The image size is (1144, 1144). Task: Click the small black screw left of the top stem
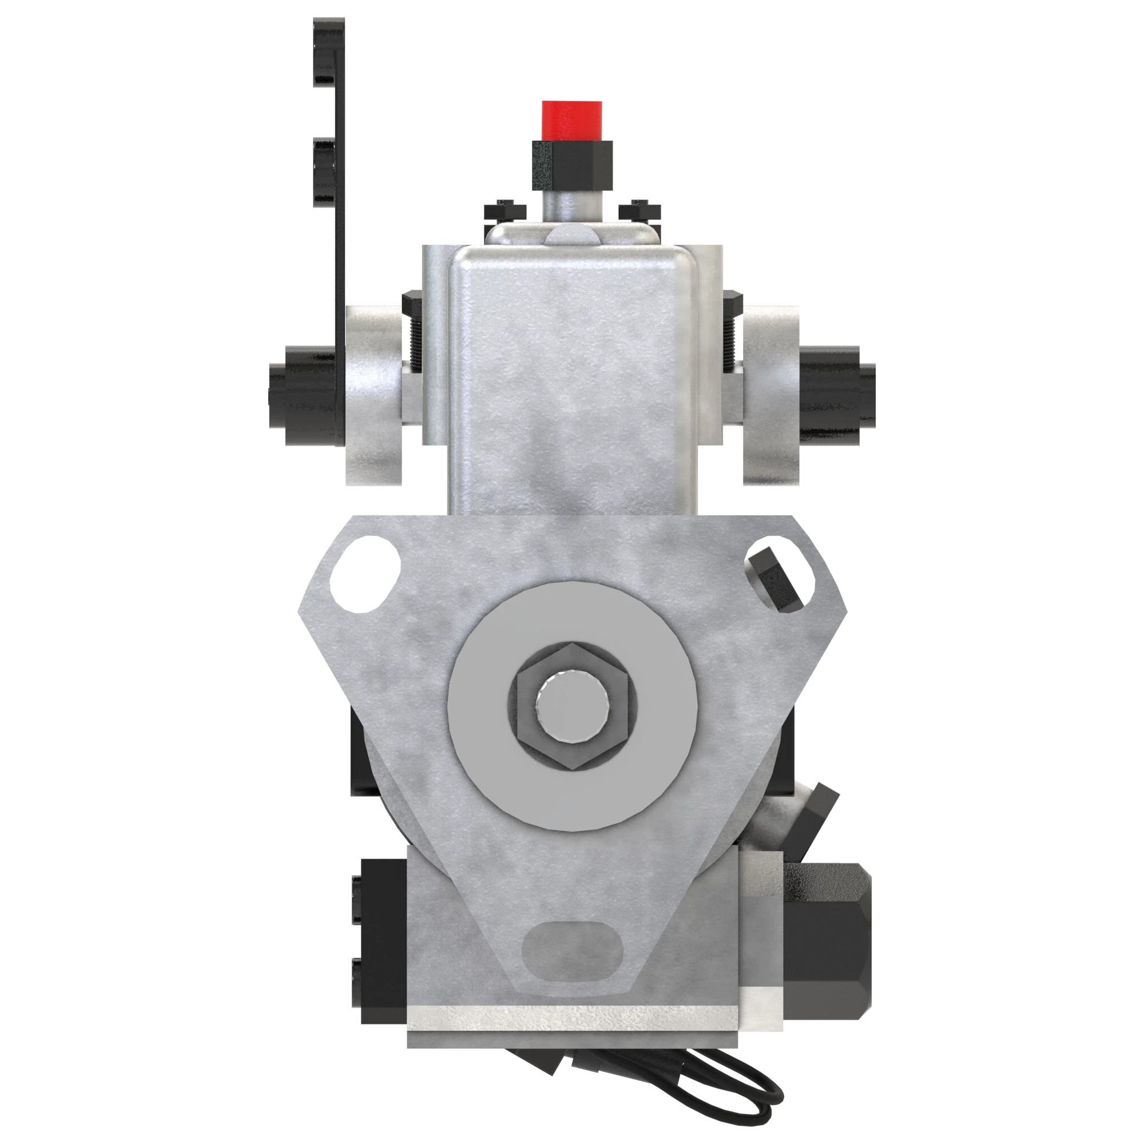[505, 210]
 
